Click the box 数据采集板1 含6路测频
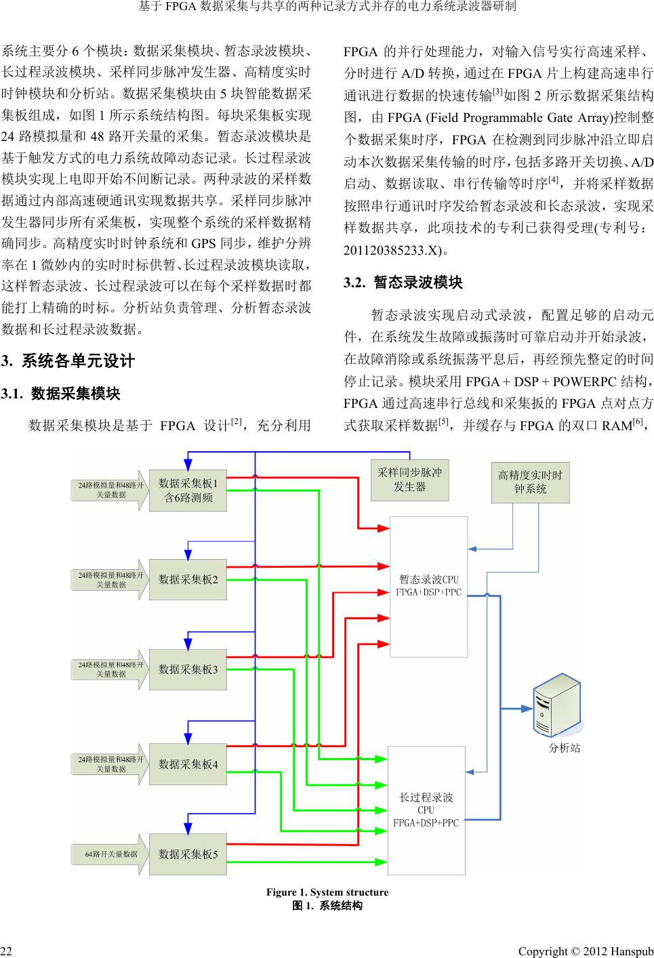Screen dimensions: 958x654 (x=188, y=491)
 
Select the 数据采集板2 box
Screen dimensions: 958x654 (x=188, y=579)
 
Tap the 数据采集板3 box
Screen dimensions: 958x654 (x=188, y=669)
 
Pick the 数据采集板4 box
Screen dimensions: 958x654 (x=188, y=764)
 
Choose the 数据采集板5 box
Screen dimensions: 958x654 (x=188, y=854)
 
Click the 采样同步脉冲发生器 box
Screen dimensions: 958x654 (x=409, y=480)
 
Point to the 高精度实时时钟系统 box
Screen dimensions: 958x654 (x=530, y=482)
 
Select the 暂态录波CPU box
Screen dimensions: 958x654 (x=428, y=586)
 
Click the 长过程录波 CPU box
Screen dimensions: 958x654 (x=426, y=810)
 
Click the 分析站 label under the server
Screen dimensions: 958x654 (x=564, y=749)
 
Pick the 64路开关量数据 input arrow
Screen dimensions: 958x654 (x=108, y=854)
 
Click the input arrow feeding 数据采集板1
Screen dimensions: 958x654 (x=108, y=490)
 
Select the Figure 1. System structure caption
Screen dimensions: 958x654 (x=327, y=892)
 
